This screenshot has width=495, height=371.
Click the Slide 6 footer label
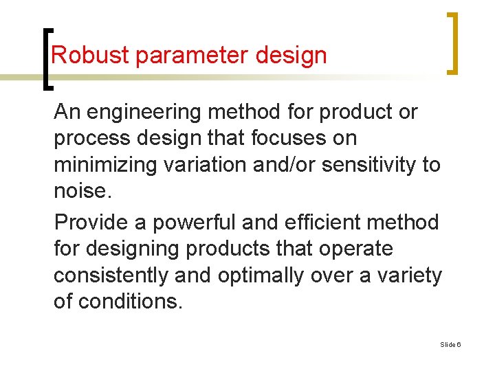pos(450,344)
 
